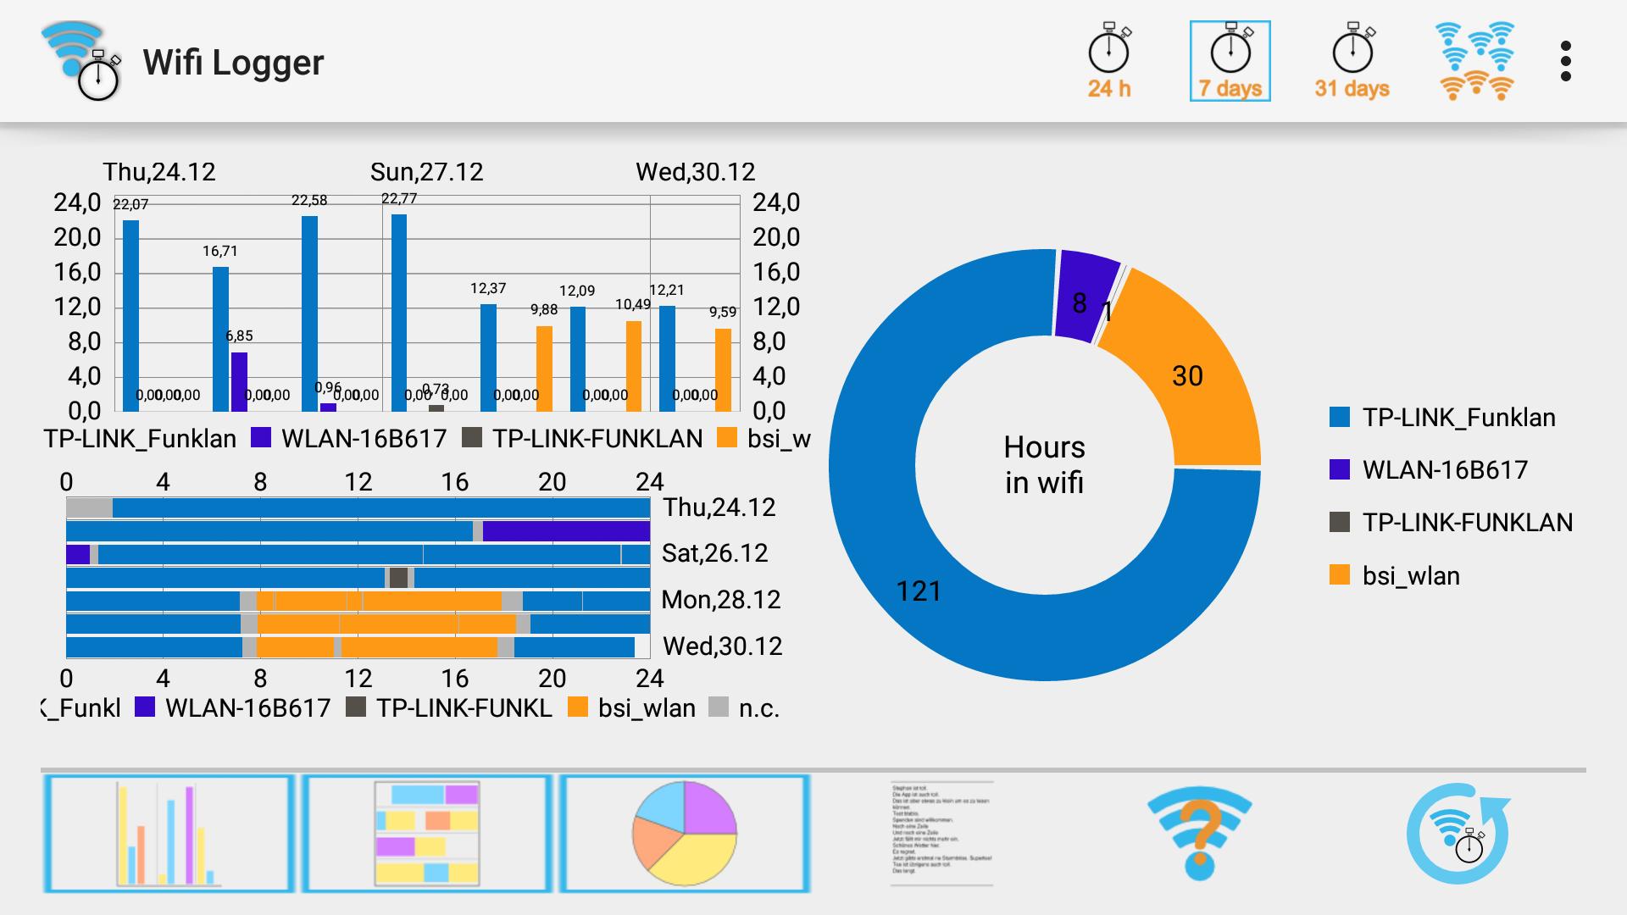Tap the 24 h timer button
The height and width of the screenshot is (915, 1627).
click(1108, 62)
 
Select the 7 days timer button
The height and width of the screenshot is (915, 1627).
click(1230, 62)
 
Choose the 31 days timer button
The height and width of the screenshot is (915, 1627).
click(1352, 62)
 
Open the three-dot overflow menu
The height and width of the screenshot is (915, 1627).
click(1565, 62)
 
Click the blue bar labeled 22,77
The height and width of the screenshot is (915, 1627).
click(398, 313)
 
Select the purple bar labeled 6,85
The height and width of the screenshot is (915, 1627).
click(239, 382)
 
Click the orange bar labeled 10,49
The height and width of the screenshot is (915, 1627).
click(633, 366)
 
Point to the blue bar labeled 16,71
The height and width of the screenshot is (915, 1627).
click(220, 339)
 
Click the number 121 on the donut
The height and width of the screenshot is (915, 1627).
click(919, 591)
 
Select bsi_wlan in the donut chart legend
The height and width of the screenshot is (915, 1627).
click(1410, 576)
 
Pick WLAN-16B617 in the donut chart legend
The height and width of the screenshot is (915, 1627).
click(1444, 470)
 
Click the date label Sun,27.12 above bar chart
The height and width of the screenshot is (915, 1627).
click(426, 172)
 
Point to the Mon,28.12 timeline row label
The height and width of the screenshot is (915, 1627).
click(720, 600)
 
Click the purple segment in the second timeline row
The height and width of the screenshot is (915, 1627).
click(566, 531)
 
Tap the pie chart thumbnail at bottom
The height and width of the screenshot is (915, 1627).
click(684, 834)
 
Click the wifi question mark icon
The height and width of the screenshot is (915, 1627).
click(1199, 834)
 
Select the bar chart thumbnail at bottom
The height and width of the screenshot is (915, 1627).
click(169, 834)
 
